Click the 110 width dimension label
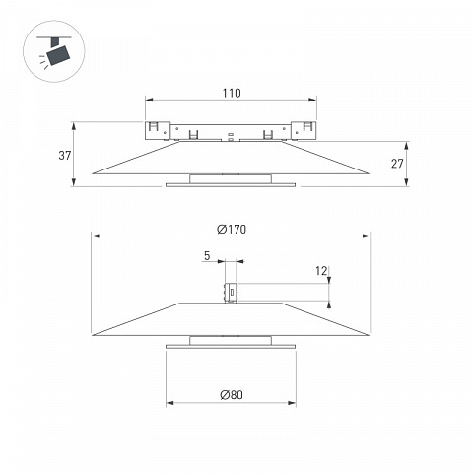pos(232,93)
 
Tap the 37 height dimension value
pos(65,155)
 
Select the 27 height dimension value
pos(397,164)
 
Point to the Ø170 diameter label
pos(232,229)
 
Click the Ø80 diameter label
pos(232,394)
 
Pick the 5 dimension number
pos(207,255)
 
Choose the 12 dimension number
pos(321,271)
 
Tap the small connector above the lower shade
pos(231,293)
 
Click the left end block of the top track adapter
pos(158,130)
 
